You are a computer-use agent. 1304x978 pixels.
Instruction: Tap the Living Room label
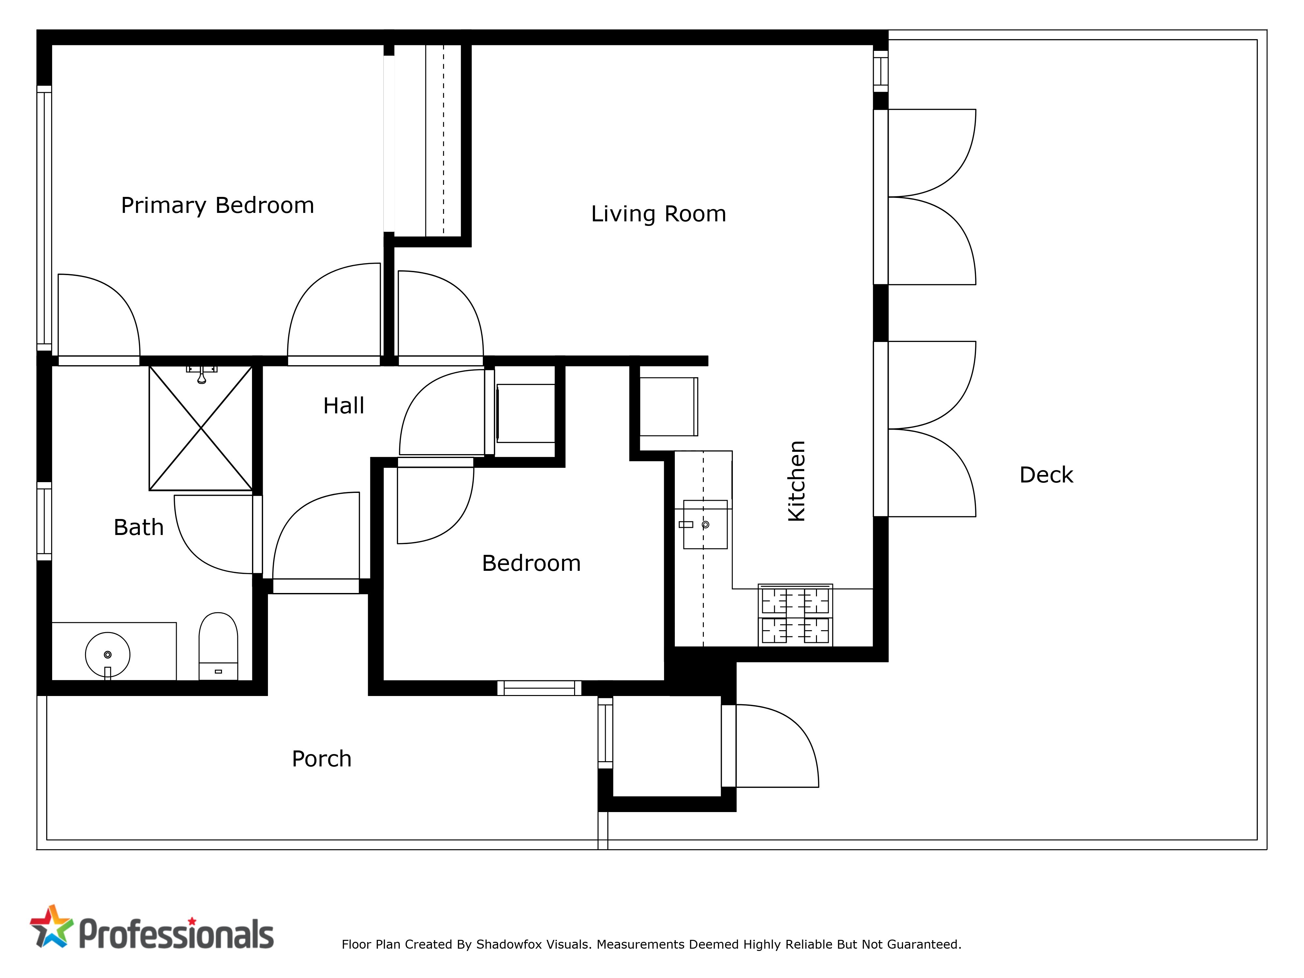pyautogui.click(x=659, y=214)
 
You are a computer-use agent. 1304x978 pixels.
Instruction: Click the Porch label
pyautogui.click(x=321, y=759)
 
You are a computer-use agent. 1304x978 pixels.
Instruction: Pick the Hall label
pyautogui.click(x=344, y=406)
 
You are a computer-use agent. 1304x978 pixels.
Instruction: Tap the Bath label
pyautogui.click(x=139, y=527)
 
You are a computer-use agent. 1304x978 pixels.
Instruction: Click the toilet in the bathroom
pyautogui.click(x=218, y=646)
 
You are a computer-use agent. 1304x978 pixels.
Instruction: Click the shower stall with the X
pyautogui.click(x=201, y=428)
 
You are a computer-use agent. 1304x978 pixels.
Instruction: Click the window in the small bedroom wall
pyautogui.click(x=540, y=688)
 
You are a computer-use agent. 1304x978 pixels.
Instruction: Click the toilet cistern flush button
pyautogui.click(x=218, y=672)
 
